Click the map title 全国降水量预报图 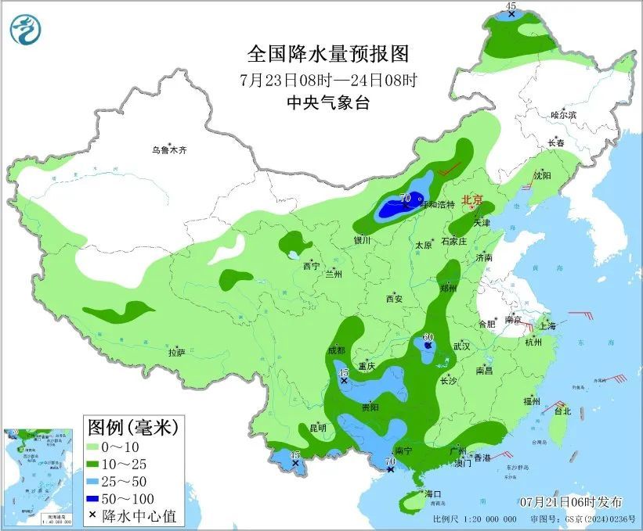coord(328,54)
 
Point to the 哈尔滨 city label coord(562,115)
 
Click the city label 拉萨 coord(176,353)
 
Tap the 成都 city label coord(337,350)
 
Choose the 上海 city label coord(548,326)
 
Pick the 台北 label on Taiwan coord(562,411)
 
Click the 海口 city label coord(433,494)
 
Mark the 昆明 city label coord(318,428)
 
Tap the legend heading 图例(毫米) coord(133,427)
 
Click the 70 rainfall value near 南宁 coord(389,463)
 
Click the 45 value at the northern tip coord(511,7)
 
